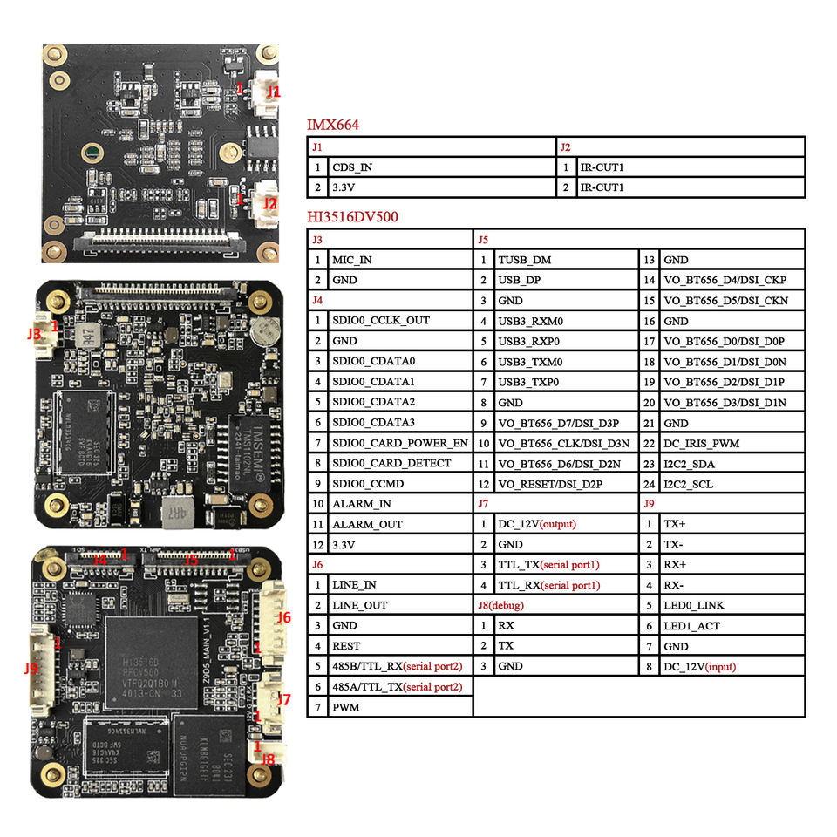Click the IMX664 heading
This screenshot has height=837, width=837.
(332, 126)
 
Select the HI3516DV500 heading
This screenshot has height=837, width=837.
(352, 217)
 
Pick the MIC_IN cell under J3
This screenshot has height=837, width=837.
(351, 260)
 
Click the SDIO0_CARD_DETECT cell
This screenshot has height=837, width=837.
(391, 463)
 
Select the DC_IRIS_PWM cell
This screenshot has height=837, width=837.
(701, 443)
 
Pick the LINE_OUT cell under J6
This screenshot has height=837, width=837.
(359, 605)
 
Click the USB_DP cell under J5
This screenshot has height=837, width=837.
(520, 280)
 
